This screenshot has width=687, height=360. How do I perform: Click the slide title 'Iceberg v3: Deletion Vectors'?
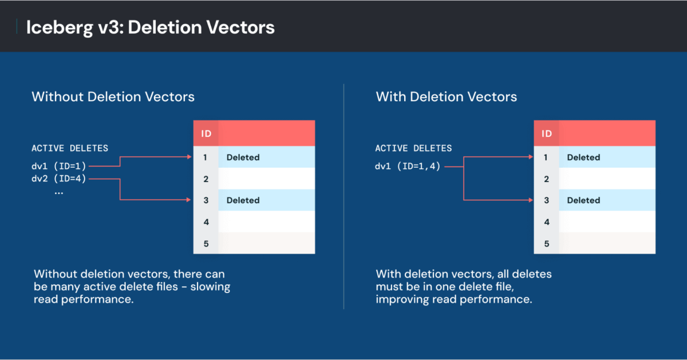coord(151,27)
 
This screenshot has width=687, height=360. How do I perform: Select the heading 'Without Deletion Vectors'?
coord(113,97)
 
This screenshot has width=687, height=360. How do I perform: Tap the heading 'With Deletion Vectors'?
coord(446,97)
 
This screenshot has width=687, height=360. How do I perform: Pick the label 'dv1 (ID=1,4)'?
coord(408,167)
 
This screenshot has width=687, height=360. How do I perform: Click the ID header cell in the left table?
coord(206,134)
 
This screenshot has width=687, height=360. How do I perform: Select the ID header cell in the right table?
coord(546,134)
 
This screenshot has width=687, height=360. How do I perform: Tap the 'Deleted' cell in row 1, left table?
coord(243,157)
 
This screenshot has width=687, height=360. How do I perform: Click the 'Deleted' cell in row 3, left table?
coord(243,200)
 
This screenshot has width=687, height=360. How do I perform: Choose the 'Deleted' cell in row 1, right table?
coord(583,157)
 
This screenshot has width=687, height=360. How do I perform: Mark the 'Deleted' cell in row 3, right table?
coord(583,200)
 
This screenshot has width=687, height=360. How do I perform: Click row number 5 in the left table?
coord(206,243)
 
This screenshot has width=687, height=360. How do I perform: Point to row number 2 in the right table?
coord(546,179)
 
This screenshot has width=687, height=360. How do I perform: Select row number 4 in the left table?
coord(206,222)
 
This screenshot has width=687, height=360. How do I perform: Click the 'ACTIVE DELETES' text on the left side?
coord(69,148)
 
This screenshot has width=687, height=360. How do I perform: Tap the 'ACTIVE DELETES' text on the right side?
coord(413,148)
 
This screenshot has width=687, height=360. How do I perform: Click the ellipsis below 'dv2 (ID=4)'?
coord(58,193)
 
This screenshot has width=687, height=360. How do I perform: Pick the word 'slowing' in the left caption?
coord(211,287)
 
